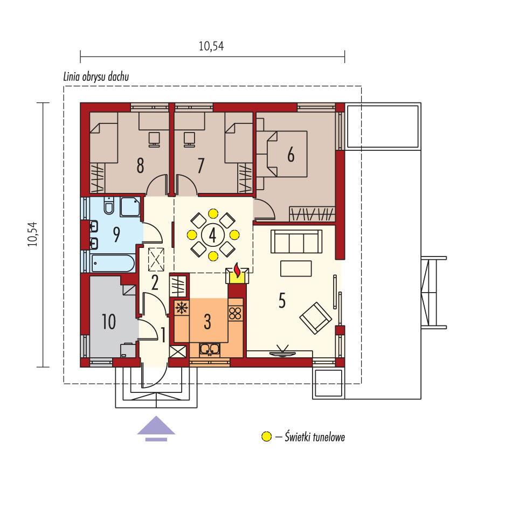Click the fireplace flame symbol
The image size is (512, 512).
[238, 270]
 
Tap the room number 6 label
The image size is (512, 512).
[290, 155]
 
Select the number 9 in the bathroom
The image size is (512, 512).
[116, 234]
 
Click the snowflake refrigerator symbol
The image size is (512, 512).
[182, 308]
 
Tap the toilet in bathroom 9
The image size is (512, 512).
[109, 205]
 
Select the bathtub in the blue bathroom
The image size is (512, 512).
[113, 264]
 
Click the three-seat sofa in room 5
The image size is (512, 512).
[296, 241]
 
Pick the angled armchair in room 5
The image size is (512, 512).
[315, 318]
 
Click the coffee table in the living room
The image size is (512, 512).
[296, 268]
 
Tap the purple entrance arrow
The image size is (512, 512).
[156, 428]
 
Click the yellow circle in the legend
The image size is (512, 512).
[266, 437]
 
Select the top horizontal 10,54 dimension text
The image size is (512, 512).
[211, 46]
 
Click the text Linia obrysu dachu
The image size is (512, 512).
[96, 77]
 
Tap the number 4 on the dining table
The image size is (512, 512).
[212, 234]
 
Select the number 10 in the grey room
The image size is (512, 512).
[109, 322]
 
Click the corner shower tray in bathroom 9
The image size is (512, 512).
[130, 207]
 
